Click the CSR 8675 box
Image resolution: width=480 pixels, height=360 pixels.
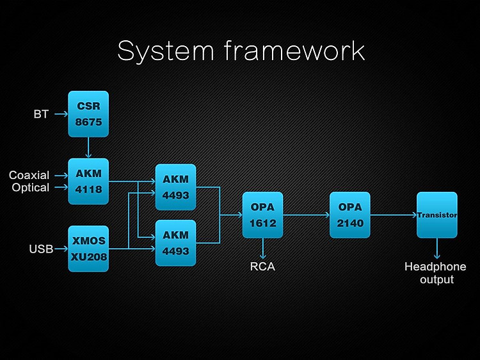click(88, 114)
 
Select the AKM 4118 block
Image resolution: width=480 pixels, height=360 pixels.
click(88, 182)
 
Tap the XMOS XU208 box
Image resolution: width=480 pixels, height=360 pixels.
click(88, 249)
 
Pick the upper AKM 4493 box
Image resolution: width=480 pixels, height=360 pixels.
click(176, 187)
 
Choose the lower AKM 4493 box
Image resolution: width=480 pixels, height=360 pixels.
click(176, 243)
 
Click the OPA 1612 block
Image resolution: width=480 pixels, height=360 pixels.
click(262, 215)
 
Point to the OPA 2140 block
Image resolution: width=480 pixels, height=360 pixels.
click(350, 215)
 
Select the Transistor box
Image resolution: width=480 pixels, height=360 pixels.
click(437, 215)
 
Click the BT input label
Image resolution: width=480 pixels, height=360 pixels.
click(41, 114)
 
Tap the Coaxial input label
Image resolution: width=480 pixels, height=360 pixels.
click(29, 175)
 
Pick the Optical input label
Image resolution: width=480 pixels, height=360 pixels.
click(31, 187)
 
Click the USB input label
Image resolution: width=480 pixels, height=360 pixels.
click(41, 249)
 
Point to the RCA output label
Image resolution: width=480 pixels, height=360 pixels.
click(262, 267)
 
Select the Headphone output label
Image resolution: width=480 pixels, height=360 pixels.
click(436, 273)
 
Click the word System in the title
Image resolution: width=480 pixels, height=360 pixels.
click(166, 51)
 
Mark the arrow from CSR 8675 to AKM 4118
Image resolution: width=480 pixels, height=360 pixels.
click(88, 148)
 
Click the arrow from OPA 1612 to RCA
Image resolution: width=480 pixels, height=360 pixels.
click(262, 249)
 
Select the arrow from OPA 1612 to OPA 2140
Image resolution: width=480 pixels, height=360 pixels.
click(306, 215)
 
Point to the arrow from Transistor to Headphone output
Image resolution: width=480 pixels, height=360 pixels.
click(437, 249)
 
